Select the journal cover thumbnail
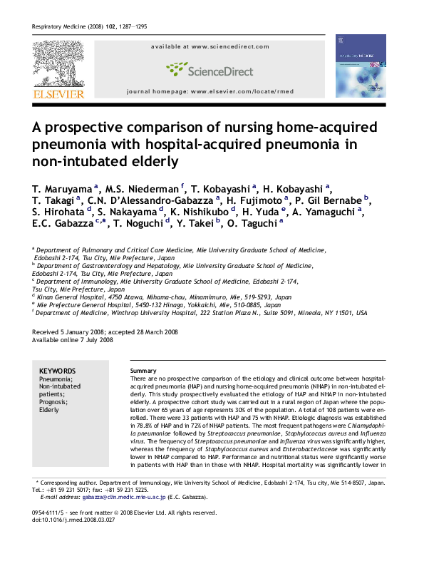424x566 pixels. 360,66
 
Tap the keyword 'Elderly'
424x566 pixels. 50,411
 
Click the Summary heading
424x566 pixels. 142,371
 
